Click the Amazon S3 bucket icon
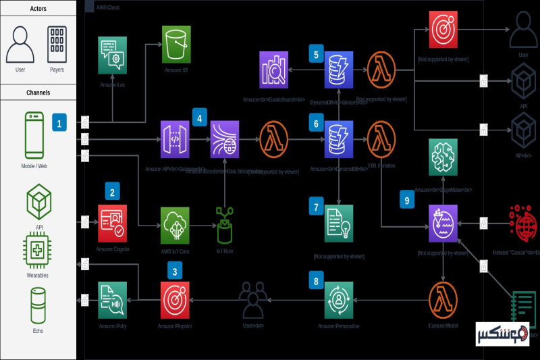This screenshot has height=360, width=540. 176,45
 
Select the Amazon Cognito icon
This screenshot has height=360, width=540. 112,223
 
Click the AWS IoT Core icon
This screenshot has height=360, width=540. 175,224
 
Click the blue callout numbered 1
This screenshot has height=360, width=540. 59,124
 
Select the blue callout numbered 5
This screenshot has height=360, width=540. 315,54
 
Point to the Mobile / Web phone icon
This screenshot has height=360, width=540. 34,135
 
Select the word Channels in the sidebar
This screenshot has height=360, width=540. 38,93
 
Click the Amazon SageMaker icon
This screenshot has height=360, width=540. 443,158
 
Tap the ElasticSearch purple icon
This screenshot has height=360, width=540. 274,70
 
